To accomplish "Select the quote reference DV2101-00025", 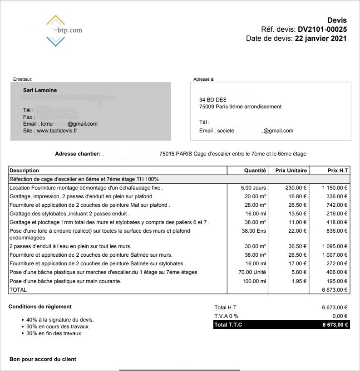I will coord(322,29).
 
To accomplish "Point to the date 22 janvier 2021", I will coord(321,39).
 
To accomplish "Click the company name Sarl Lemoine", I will coord(40,90).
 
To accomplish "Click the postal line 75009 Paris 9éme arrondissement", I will coord(240,107).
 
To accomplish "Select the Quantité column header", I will coord(255,171).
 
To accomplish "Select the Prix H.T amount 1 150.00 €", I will coord(335,188).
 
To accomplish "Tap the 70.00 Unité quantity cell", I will coord(252,272).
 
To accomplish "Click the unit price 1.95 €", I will coord(298,281).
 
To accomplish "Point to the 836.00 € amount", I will coord(336,231).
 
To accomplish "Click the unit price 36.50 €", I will coord(297,246).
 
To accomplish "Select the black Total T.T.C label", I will coord(228,325).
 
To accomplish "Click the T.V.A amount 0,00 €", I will coord(340,316).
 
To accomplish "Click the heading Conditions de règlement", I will coord(40,307).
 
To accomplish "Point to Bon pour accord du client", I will coord(43,359).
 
